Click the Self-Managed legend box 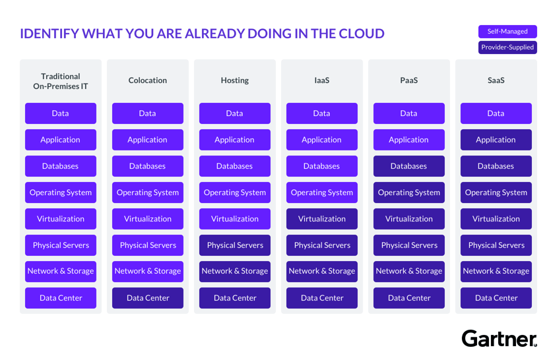(507, 31)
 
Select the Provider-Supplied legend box (507, 47)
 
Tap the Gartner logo (499, 339)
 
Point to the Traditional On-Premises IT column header (61, 81)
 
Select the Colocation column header (148, 80)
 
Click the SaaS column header (496, 80)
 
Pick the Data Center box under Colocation (148, 298)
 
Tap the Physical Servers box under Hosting (235, 245)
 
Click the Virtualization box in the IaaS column (322, 219)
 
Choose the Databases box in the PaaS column (408, 166)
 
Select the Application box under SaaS (496, 140)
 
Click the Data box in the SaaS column (496, 113)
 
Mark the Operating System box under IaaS (322, 193)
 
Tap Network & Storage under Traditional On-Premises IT (61, 271)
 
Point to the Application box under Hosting (235, 140)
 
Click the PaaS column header (408, 80)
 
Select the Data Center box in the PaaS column (408, 298)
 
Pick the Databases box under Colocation (148, 166)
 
